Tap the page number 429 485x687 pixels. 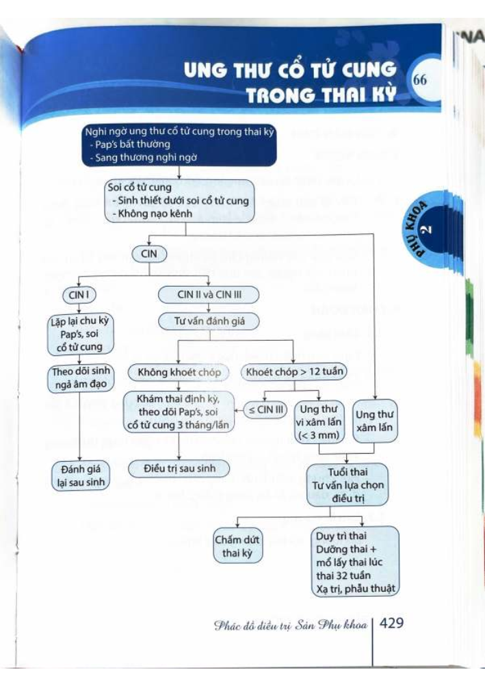[393, 623]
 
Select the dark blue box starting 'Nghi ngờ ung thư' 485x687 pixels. [179, 146]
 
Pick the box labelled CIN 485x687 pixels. [148, 253]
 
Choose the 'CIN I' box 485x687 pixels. [78, 295]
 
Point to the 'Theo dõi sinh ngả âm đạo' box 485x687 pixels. [81, 378]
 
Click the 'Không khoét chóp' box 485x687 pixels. [179, 372]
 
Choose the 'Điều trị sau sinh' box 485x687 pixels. [179, 469]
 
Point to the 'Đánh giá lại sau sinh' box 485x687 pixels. [81, 475]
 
